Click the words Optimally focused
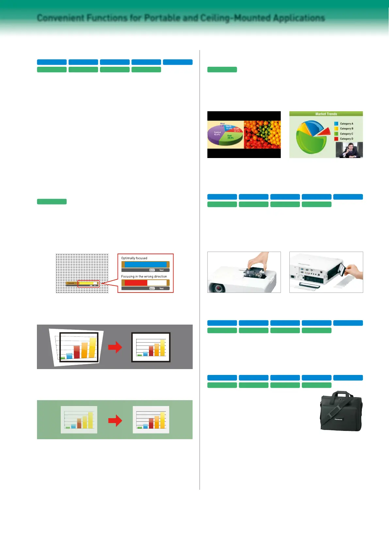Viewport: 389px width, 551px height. pos(134,258)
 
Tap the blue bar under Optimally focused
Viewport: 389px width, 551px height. pos(145,264)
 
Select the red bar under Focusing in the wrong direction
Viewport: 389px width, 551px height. pos(136,283)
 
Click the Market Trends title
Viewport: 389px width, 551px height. pos(326,114)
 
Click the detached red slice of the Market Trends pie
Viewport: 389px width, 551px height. pos(325,132)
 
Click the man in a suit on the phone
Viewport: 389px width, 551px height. pos(349,151)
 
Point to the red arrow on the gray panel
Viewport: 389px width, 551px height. pos(115,347)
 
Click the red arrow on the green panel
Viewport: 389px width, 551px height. pos(115,420)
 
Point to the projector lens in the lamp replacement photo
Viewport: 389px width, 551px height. pos(217,288)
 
